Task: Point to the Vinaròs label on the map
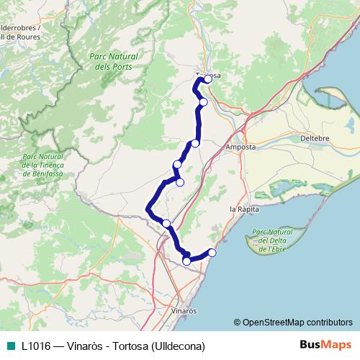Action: tap(185, 310)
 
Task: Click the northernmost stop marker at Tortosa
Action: tap(208, 78)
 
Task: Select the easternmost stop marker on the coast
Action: tap(212, 252)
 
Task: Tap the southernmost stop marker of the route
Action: tap(186, 261)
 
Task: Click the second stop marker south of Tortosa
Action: tap(195, 143)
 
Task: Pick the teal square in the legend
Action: tap(12, 345)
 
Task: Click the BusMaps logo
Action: tap(325, 345)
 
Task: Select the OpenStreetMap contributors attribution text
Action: tap(297, 322)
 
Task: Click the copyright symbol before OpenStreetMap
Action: tap(238, 322)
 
